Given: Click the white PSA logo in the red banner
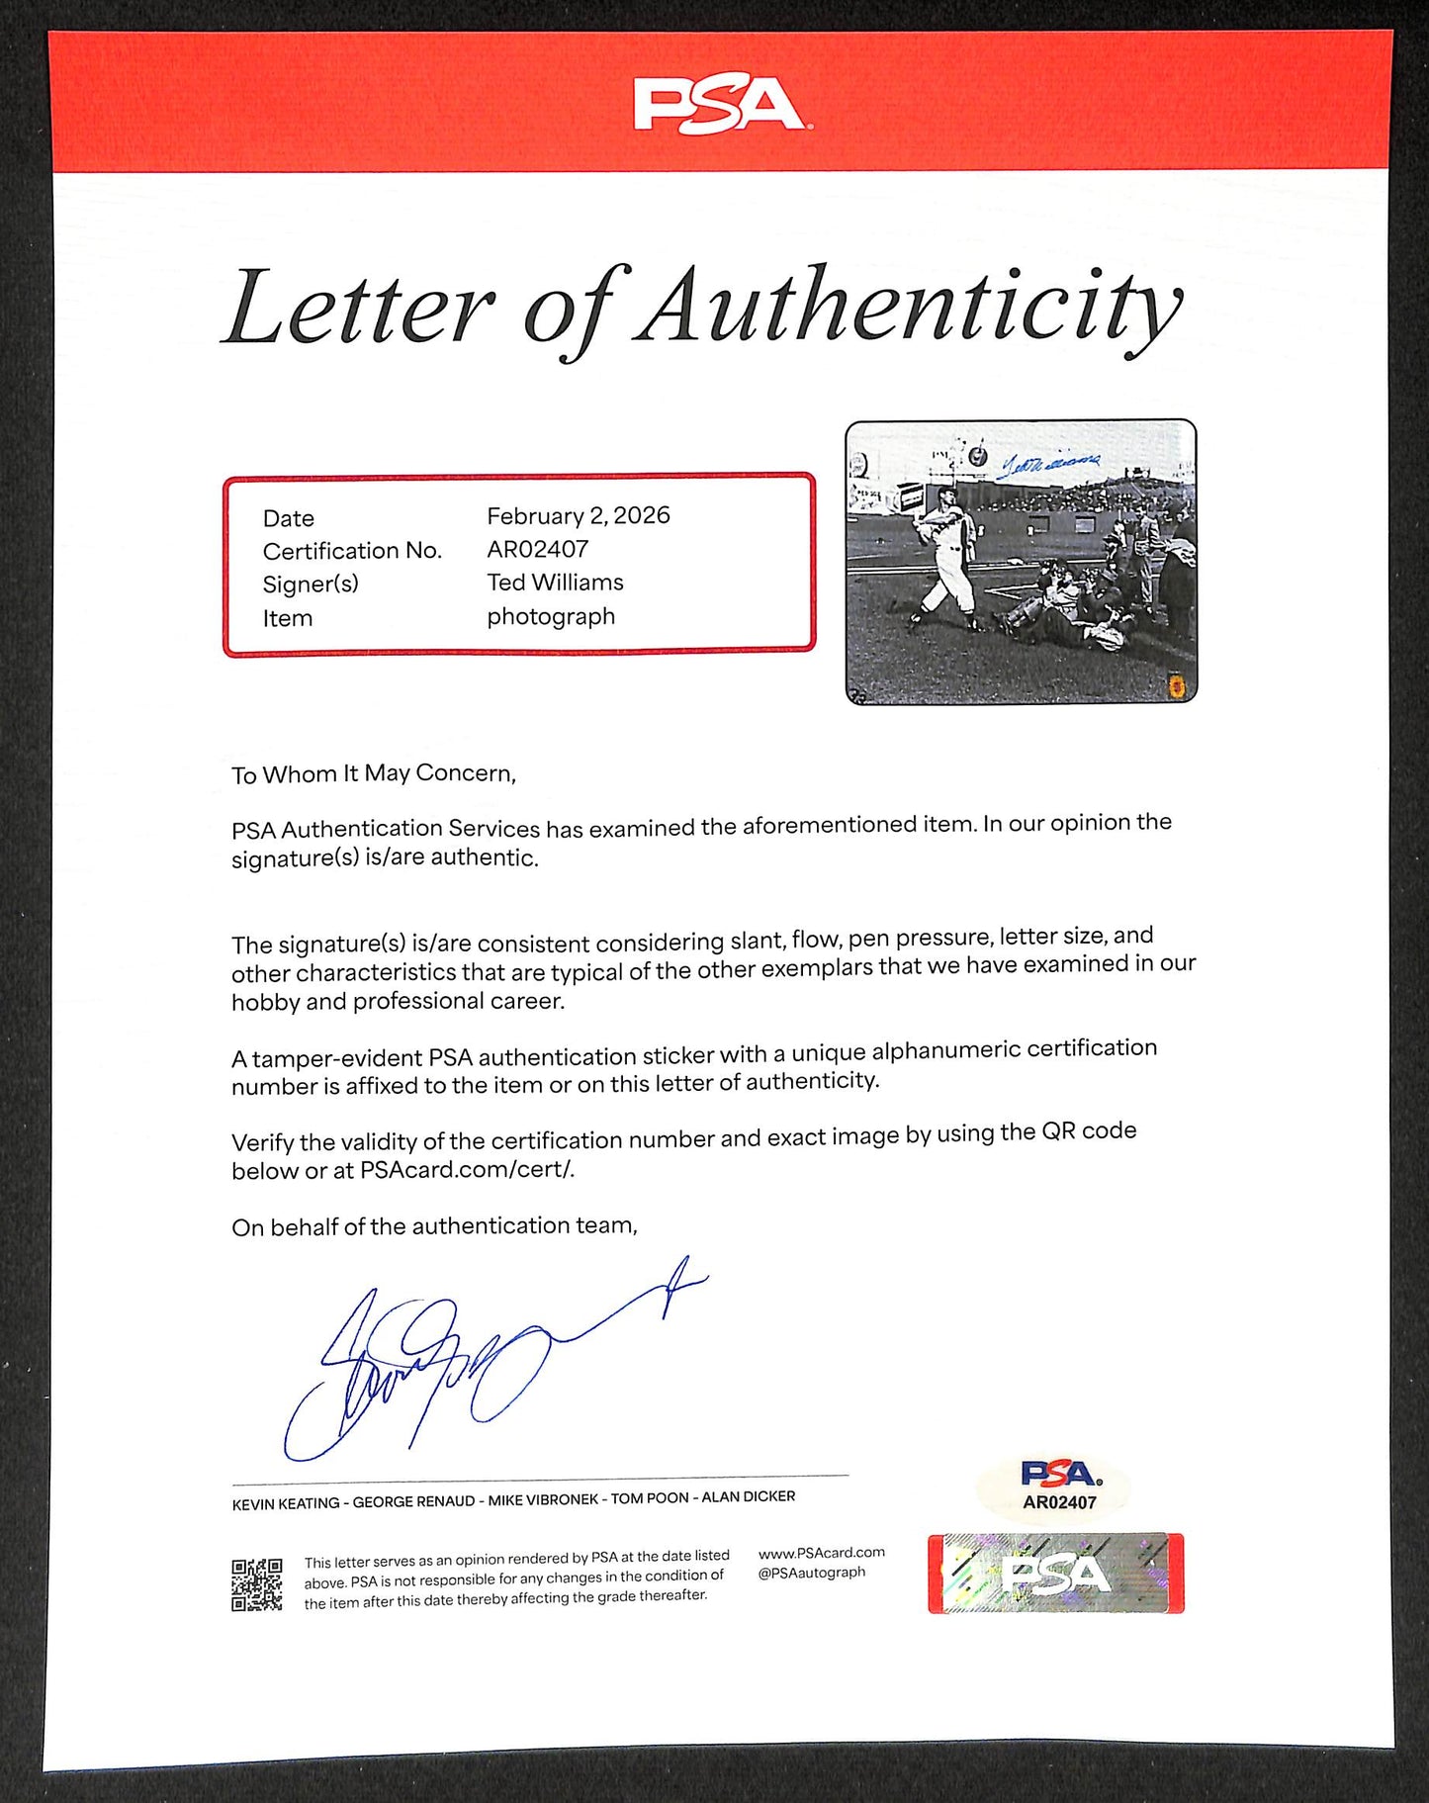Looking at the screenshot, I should tap(720, 105).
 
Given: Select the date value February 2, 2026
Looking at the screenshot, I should tap(578, 515).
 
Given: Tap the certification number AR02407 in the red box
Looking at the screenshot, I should tap(537, 549).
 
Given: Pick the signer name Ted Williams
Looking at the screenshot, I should tap(555, 583).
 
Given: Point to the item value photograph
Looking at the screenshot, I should tap(551, 616).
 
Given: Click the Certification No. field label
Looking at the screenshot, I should tap(352, 551).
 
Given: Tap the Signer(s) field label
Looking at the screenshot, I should tap(311, 585).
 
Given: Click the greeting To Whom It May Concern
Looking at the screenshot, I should tap(374, 774).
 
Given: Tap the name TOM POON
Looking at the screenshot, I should tap(650, 1498).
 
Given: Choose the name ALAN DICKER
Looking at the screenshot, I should tap(749, 1496).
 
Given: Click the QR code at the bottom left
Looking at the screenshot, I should tap(257, 1584).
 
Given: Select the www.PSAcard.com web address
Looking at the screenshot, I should tap(821, 1553).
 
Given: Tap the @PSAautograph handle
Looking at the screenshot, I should tap(811, 1573).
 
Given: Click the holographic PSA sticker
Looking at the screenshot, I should tap(1055, 1574).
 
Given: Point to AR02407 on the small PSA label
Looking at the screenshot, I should tap(1059, 1502).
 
